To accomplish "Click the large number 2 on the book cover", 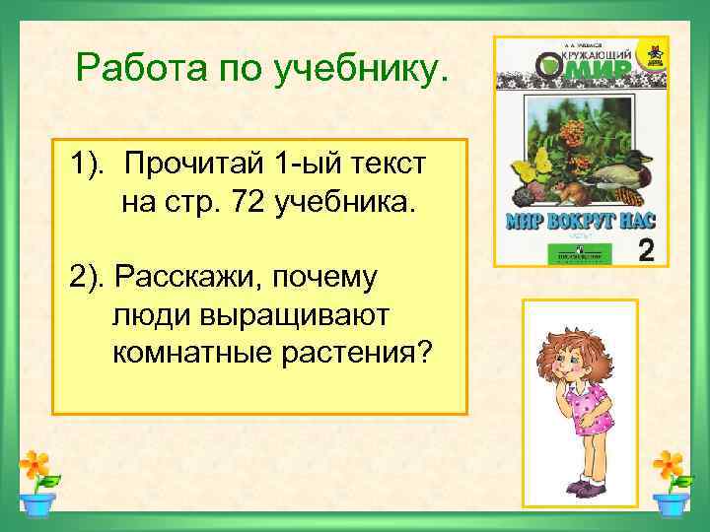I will point(646,248).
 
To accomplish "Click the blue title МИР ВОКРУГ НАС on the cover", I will point(579,218).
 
